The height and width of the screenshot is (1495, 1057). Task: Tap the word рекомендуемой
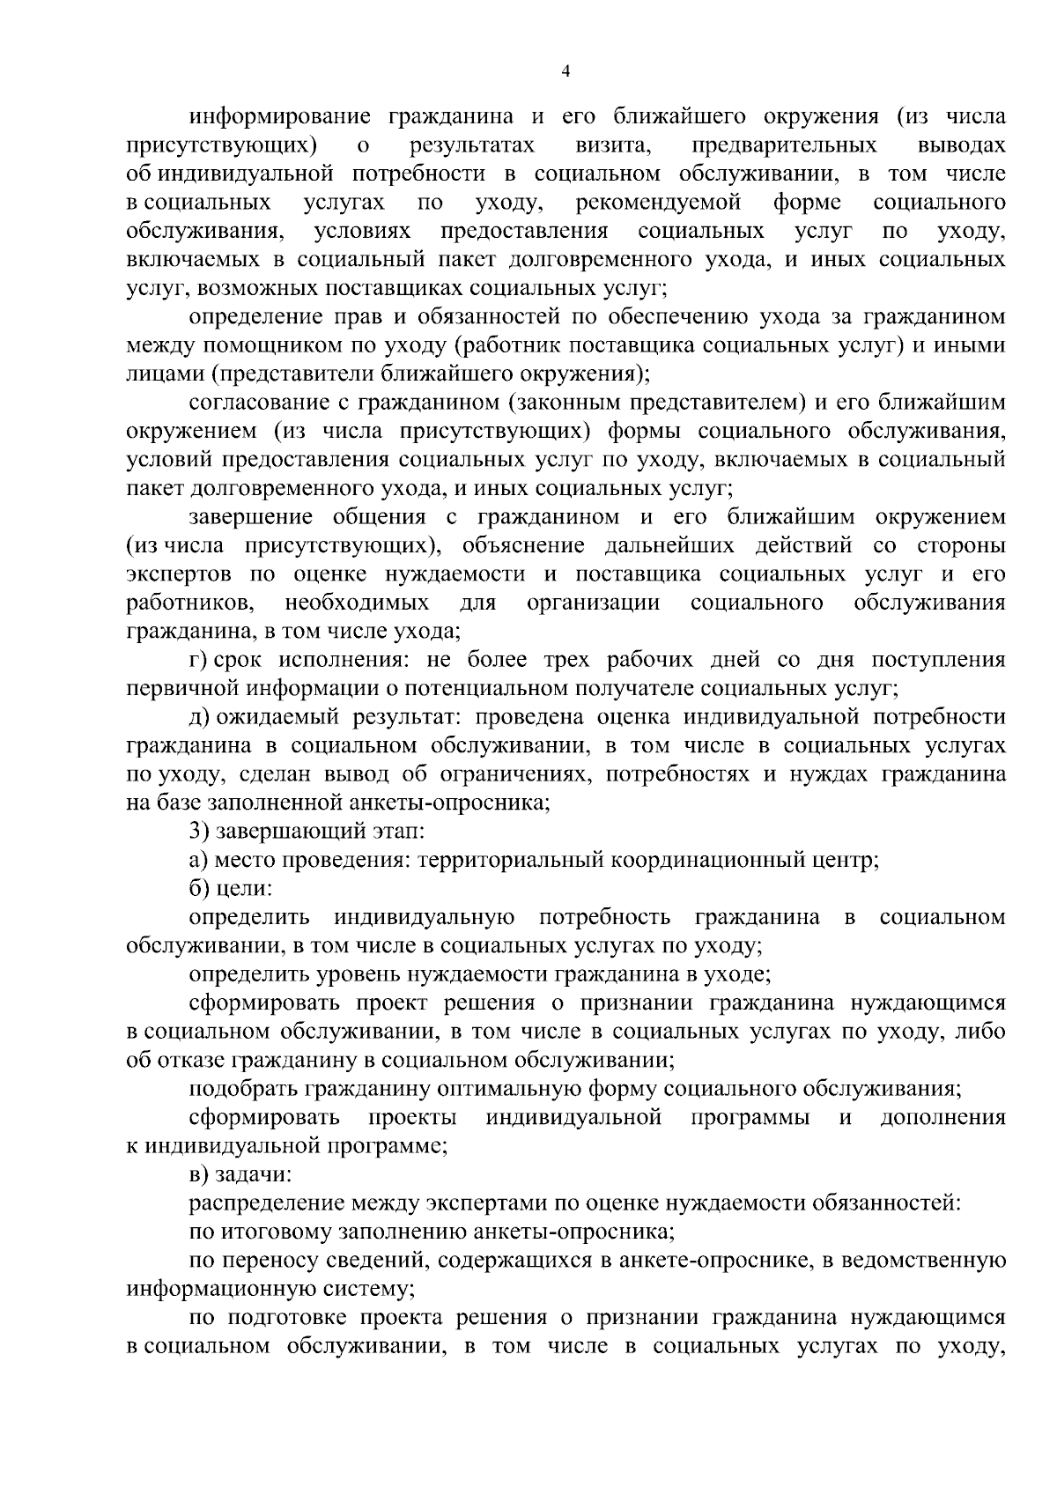pyautogui.click(x=658, y=203)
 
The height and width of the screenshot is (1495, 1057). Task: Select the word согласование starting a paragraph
pyautogui.click(x=256, y=403)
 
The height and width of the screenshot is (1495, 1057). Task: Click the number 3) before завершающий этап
pyautogui.click(x=197, y=831)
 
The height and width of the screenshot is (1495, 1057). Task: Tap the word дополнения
pyautogui.click(x=943, y=1117)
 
